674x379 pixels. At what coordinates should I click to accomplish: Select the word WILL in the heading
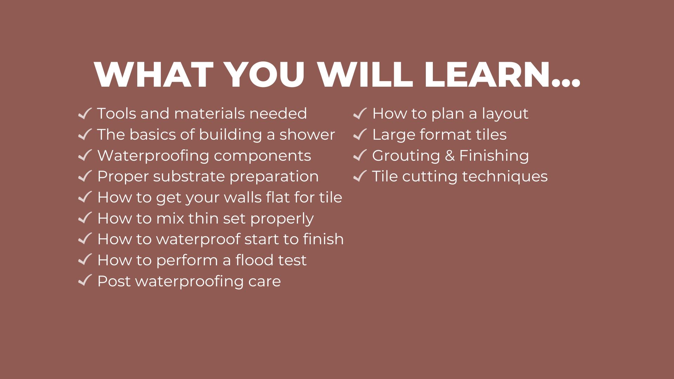365,74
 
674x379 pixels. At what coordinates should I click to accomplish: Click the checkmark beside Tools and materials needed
85,113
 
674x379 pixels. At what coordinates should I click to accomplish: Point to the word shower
307,134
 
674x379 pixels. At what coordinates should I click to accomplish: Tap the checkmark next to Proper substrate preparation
85,176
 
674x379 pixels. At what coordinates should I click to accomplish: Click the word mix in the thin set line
170,218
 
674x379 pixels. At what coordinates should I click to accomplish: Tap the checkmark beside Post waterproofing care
85,281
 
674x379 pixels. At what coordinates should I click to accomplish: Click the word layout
505,114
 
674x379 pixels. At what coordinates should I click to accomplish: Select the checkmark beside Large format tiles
360,134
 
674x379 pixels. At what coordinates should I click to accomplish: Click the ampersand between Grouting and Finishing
450,156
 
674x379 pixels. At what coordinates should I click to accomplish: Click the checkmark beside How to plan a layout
360,113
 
